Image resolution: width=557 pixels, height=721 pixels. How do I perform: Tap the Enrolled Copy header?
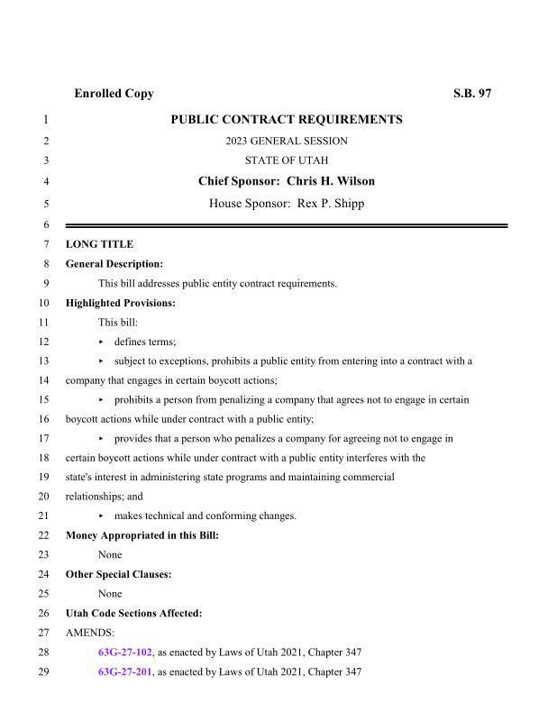(114, 94)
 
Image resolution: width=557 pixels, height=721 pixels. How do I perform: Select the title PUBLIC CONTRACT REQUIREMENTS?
(286, 120)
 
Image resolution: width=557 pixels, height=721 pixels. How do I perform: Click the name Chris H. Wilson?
(330, 181)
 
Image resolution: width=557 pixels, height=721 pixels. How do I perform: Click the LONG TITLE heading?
(99, 244)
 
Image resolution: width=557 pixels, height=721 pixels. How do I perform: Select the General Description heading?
(114, 264)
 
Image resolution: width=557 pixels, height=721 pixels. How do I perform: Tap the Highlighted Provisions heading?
(121, 303)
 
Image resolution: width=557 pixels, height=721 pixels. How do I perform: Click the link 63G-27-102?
(125, 653)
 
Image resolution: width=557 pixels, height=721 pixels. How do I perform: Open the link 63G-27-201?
(125, 672)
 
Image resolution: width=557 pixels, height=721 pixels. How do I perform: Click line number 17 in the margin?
(42, 439)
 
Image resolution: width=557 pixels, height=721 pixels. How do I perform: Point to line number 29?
(42, 672)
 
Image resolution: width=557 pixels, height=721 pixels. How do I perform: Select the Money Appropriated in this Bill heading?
(142, 535)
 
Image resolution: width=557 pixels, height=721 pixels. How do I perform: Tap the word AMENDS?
(91, 633)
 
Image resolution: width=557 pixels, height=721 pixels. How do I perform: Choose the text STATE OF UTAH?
(286, 160)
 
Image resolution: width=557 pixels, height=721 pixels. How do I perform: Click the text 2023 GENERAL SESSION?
(286, 141)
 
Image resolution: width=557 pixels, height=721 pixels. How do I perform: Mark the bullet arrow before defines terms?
(101, 342)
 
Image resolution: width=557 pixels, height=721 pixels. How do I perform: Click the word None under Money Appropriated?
(110, 555)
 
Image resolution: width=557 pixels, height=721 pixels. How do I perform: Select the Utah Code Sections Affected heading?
(134, 613)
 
